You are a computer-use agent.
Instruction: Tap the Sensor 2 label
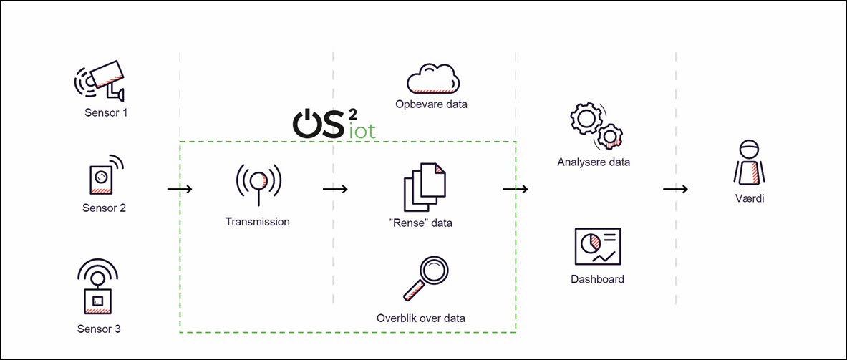click(x=105, y=208)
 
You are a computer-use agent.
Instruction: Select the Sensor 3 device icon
click(x=98, y=289)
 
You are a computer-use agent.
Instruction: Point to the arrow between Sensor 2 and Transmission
click(x=180, y=190)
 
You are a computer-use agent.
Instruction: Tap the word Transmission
click(x=258, y=222)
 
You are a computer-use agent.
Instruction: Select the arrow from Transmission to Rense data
click(x=335, y=190)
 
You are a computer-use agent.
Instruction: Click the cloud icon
click(x=432, y=79)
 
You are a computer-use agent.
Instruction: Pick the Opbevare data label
click(x=431, y=104)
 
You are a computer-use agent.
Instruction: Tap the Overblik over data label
click(x=421, y=318)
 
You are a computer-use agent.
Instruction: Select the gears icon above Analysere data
click(x=594, y=125)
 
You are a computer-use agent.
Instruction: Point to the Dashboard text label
click(x=597, y=279)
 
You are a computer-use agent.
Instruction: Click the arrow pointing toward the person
click(x=675, y=190)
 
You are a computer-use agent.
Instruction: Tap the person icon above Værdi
click(x=749, y=163)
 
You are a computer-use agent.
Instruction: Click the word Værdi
click(x=749, y=199)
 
